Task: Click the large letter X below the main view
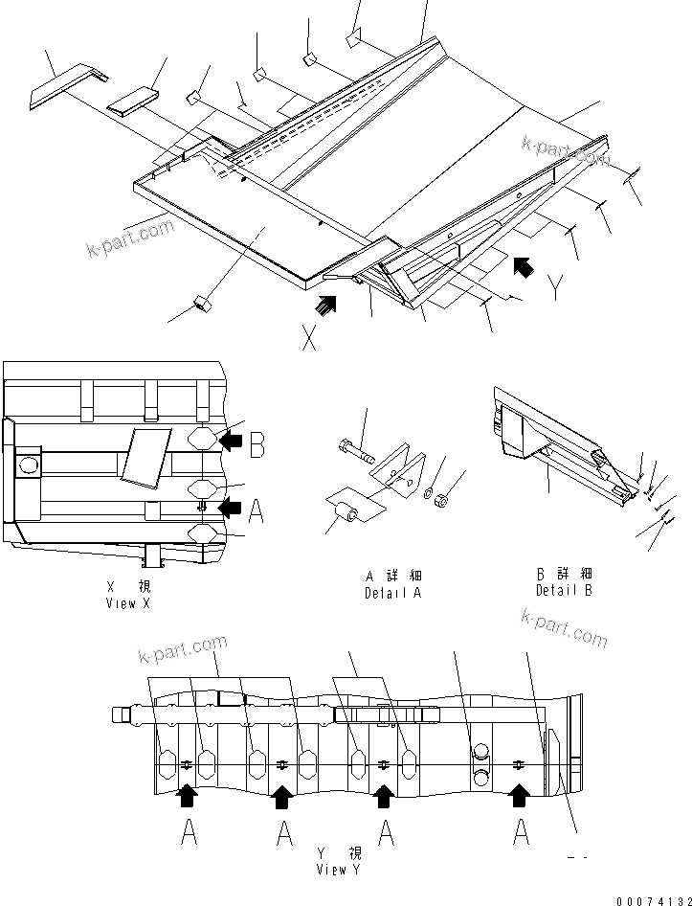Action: tap(309, 337)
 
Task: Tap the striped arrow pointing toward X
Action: tap(327, 305)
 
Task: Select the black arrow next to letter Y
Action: tap(523, 265)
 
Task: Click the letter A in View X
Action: tap(257, 511)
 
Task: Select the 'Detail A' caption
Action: tap(392, 585)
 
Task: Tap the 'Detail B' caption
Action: tap(564, 582)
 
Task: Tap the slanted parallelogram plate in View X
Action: tap(144, 453)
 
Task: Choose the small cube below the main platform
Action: tap(202, 304)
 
